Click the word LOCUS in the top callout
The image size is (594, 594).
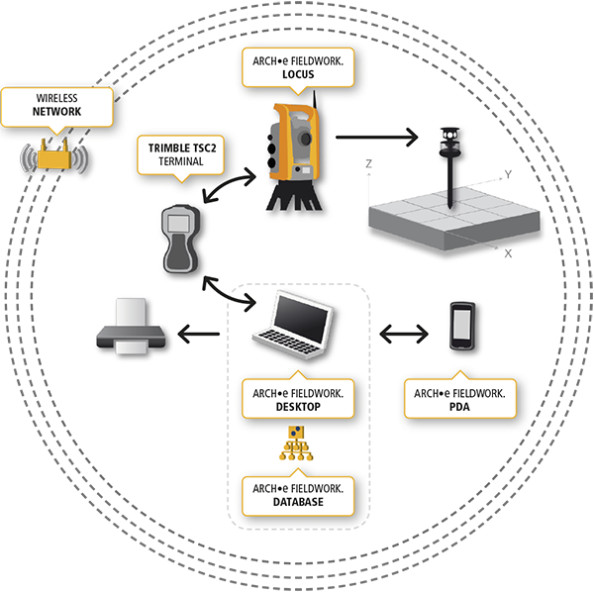point(298,74)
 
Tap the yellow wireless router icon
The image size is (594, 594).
point(54,156)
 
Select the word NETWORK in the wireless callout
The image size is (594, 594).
point(56,112)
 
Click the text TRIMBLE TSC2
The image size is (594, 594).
point(182,148)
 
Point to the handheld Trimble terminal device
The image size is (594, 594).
point(181,239)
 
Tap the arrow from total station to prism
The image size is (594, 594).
point(376,138)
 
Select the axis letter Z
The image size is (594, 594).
point(368,163)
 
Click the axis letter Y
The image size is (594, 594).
point(508,174)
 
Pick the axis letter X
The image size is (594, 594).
point(508,253)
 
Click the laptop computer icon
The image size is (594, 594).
point(293,325)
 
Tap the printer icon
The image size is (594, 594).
point(131,326)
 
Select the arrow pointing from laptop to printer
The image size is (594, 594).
point(199,335)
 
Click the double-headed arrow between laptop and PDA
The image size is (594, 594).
point(404,335)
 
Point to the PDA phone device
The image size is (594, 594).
point(462,326)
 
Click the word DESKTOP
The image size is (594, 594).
point(298,407)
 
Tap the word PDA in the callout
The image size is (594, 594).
point(459,407)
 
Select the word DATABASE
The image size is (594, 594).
point(298,502)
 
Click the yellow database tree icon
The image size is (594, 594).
point(296,444)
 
